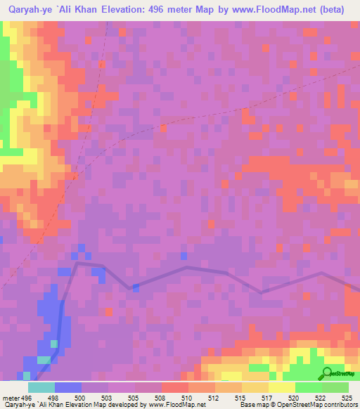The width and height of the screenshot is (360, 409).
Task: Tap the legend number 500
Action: point(81,397)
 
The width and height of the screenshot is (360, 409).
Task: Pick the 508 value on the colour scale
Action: point(161,397)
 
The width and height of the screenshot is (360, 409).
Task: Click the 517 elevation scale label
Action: point(267,397)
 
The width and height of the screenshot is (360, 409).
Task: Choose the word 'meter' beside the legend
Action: point(11,397)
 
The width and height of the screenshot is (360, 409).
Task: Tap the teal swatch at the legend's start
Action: point(41,387)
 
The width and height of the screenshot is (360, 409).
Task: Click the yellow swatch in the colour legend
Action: point(281,387)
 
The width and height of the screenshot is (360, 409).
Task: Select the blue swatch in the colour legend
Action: point(68,387)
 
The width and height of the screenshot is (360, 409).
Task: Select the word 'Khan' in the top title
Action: point(84,10)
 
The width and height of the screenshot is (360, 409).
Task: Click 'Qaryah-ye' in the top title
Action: point(31,10)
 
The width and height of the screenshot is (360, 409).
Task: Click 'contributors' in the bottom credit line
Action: point(341,405)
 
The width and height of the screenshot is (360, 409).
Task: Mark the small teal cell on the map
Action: point(54,344)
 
